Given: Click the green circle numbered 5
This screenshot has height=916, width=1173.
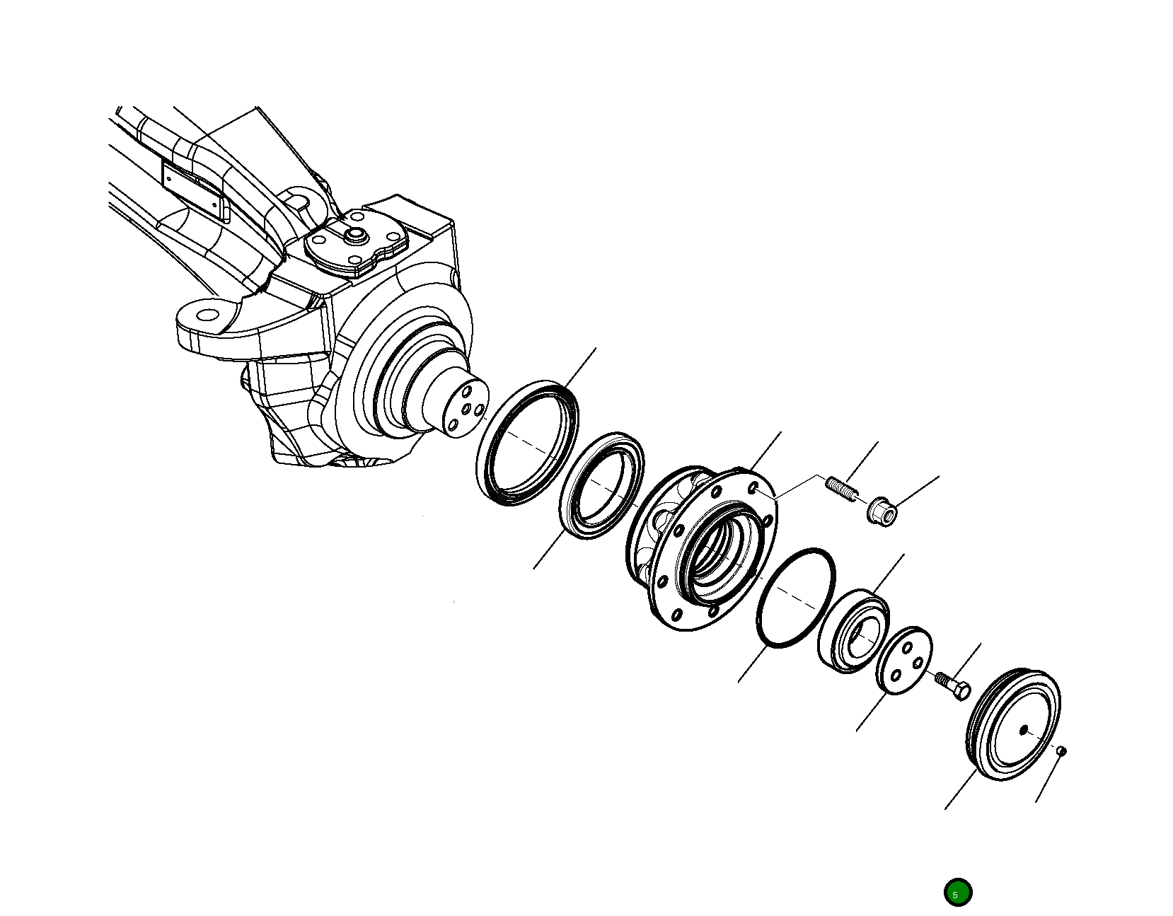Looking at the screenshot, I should pos(957,893).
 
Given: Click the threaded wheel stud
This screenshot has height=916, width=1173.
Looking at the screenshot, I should pos(840,488).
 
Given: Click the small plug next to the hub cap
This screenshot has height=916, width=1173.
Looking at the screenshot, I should pos(1061,751).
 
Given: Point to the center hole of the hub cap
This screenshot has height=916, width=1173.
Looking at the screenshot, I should pos(1023,729).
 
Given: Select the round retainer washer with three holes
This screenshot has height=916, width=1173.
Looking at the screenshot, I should pos(903,660).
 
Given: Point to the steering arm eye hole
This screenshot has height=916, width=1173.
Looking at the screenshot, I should pos(207,314).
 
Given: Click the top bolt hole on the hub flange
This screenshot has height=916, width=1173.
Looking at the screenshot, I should pos(754,489).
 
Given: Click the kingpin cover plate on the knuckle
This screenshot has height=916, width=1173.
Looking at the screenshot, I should pos(356,245).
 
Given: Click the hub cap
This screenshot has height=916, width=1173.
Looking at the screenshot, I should pos(1013,725).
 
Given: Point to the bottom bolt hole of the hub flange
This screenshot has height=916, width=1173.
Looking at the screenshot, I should pos(677,613).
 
